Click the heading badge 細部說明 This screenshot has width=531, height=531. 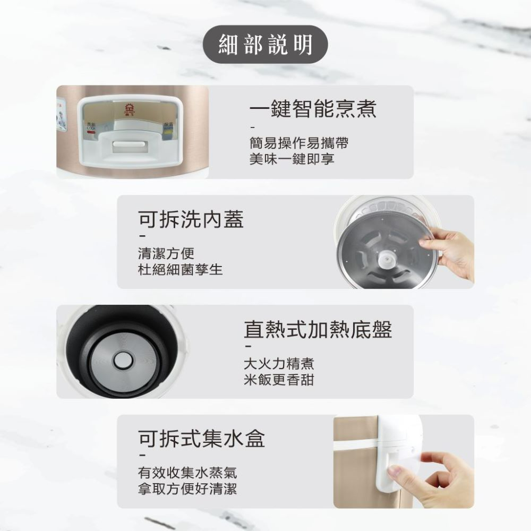[265, 45]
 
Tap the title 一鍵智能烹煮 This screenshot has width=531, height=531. [313, 109]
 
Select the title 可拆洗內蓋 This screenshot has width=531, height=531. [191, 219]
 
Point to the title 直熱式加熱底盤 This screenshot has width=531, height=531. [318, 329]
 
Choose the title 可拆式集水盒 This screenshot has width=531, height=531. [201, 439]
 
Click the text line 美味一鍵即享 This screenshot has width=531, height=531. [292, 159]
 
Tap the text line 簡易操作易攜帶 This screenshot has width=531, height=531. [299, 143]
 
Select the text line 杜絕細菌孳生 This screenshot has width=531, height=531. [180, 270]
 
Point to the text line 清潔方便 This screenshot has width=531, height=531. [166, 253]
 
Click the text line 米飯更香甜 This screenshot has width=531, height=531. [279, 380]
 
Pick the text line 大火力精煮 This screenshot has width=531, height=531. [279, 364]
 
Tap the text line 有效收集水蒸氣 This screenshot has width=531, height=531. [187, 473]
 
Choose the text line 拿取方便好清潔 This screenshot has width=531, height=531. [187, 489]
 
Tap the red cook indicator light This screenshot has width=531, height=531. [91, 131]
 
